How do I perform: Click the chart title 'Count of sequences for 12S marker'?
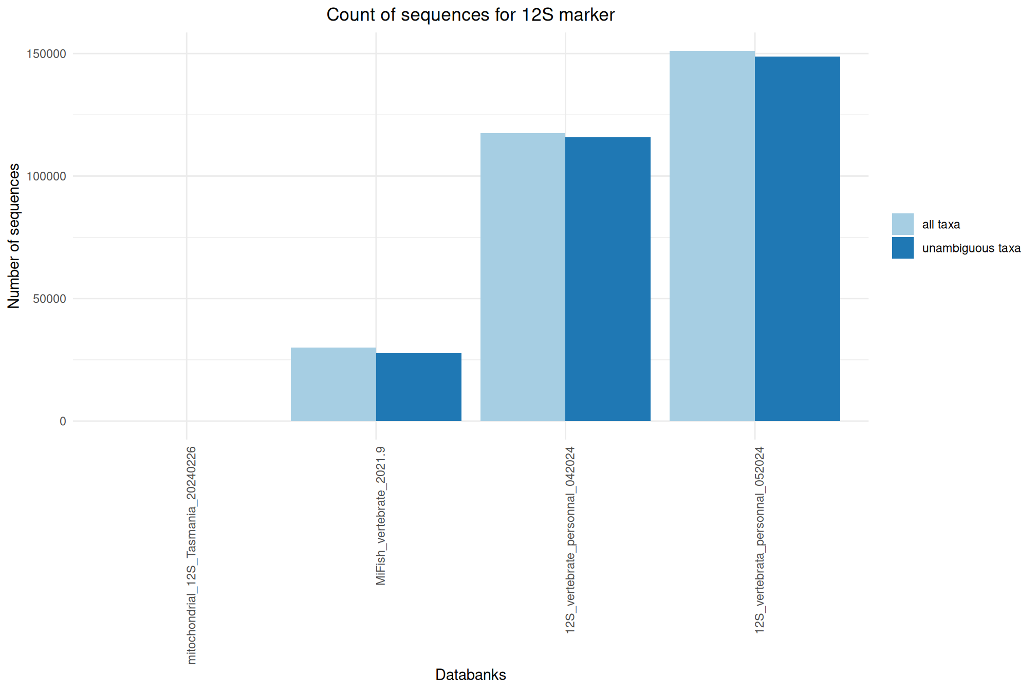tap(470, 15)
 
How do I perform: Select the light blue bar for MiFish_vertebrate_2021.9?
tap(333, 384)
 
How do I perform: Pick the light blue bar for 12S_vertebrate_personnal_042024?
tap(523, 277)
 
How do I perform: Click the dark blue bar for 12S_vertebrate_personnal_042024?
tap(607, 279)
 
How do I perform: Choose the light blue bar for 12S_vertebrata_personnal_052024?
tap(712, 236)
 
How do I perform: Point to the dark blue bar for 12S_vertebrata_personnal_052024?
tap(797, 239)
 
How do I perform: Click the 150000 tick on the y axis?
tap(46, 54)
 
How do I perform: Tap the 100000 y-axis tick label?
tap(46, 176)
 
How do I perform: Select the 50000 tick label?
tap(49, 299)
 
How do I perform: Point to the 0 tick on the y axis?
tap(63, 422)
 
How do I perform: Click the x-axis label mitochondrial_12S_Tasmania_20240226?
tap(192, 555)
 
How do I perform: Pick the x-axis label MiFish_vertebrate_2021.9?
tap(381, 516)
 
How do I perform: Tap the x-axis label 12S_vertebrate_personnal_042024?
tap(570, 540)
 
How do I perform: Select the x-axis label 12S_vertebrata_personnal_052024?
tap(760, 540)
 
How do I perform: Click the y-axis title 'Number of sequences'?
tap(14, 236)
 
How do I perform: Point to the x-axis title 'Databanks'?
tap(470, 675)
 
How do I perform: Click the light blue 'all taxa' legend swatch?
tap(902, 224)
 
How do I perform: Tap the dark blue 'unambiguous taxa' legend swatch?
tap(902, 248)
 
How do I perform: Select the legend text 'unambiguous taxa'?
tap(971, 248)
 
